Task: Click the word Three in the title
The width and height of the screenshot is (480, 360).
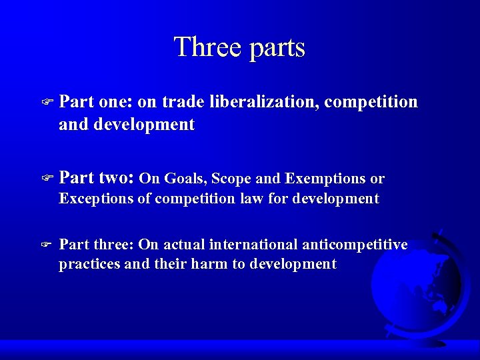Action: (x=202, y=48)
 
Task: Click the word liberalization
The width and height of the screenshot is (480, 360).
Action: (x=265, y=102)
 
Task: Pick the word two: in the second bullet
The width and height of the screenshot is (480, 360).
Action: (x=117, y=178)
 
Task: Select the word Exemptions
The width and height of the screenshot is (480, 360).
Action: (x=325, y=179)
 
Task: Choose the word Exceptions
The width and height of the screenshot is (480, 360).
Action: (x=95, y=199)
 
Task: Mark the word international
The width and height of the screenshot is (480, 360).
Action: (x=255, y=245)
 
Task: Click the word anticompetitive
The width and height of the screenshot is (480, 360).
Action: (x=355, y=245)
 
